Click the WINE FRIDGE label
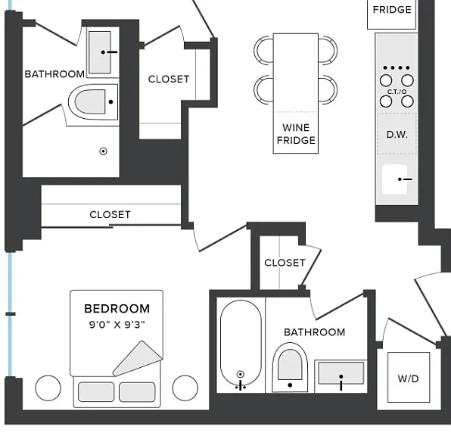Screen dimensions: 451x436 tap(296, 134)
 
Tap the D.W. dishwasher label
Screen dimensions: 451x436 tap(397, 135)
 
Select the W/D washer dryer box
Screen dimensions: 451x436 tap(409, 377)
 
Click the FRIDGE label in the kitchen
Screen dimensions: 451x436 tap(392, 10)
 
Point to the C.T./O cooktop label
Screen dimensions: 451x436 tap(397, 92)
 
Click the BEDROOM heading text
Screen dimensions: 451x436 tap(117, 309)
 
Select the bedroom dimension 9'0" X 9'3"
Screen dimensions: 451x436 tap(117, 325)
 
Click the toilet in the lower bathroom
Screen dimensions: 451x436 tap(290, 367)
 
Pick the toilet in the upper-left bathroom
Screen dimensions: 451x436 tap(94, 102)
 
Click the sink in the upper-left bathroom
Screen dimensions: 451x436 tap(100, 52)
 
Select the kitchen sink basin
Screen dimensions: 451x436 tap(395, 179)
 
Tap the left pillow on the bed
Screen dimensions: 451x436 tap(96, 391)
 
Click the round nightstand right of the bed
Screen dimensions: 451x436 tap(185, 388)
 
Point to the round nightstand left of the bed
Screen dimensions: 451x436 tap(48, 388)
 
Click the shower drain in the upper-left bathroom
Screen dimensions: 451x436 tap(103, 151)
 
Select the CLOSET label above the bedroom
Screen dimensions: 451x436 tap(110, 214)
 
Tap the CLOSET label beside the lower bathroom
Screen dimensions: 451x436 tap(285, 263)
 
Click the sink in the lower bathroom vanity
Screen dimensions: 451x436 tap(341, 373)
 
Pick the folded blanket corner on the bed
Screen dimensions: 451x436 tap(138, 359)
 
